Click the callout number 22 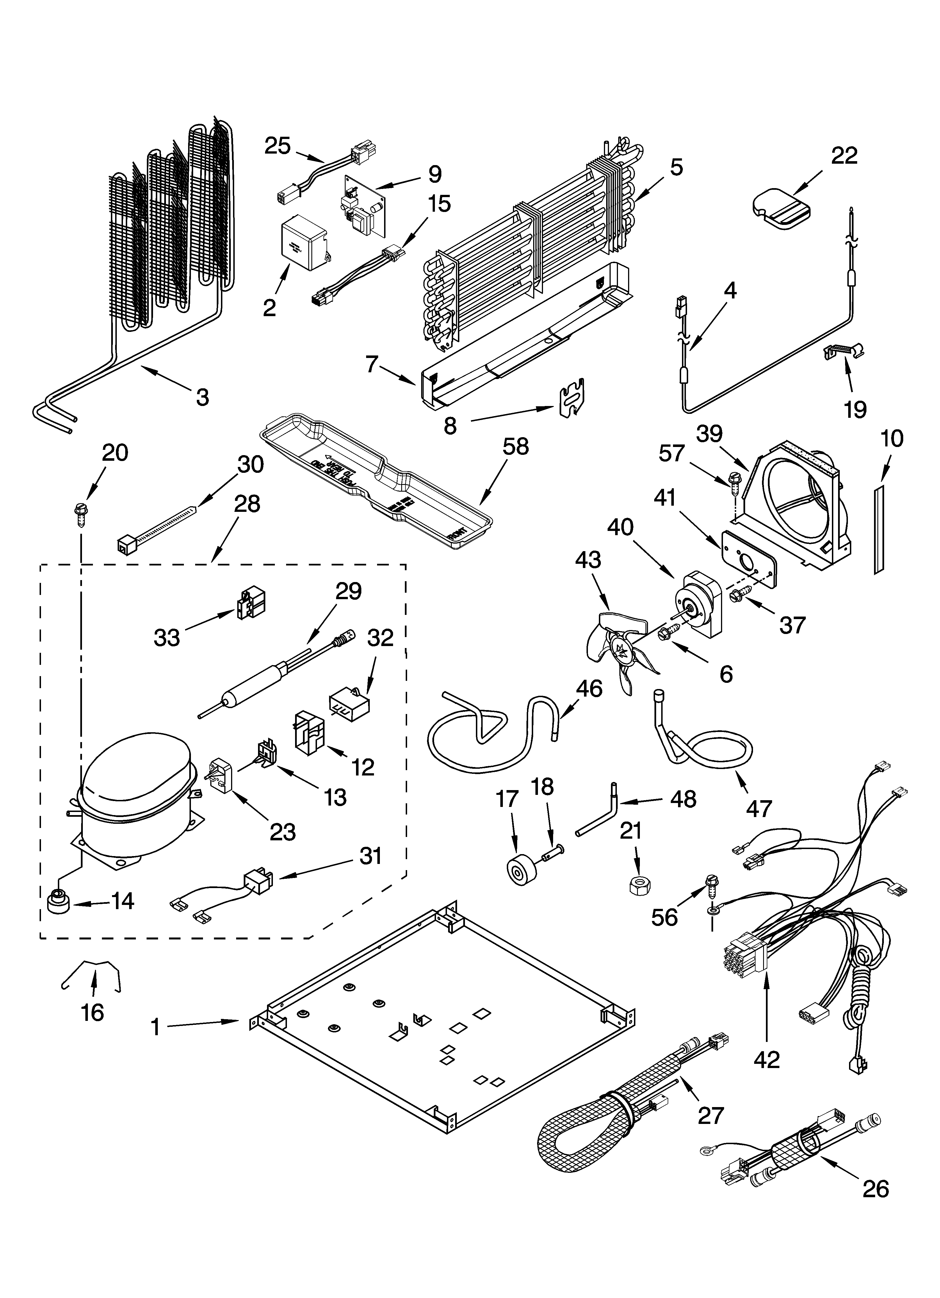[x=844, y=156]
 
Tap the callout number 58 [x=515, y=446]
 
